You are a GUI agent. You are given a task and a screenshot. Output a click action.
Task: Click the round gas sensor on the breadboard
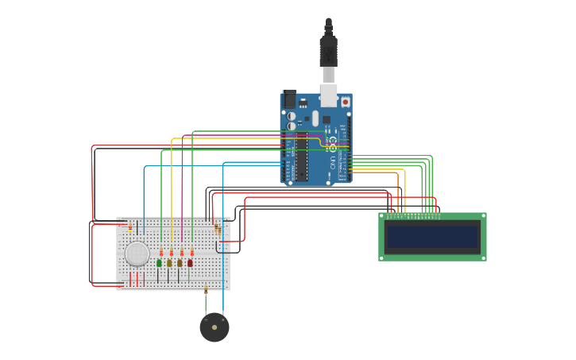click(x=137, y=254)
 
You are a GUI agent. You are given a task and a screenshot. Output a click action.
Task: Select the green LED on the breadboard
click(x=159, y=262)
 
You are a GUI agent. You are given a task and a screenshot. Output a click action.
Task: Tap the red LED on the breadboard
click(x=190, y=262)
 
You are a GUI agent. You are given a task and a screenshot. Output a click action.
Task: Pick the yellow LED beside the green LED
click(x=169, y=262)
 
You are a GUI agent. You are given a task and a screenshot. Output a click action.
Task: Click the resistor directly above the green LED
click(x=161, y=252)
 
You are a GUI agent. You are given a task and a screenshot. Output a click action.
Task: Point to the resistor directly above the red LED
click(x=191, y=252)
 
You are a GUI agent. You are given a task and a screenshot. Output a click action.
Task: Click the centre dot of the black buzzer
click(x=215, y=327)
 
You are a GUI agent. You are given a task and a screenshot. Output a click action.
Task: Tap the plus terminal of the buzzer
click(x=223, y=319)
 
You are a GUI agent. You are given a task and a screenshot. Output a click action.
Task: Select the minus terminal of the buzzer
click(x=206, y=319)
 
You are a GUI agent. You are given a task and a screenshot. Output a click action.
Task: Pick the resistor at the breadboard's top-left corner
click(x=130, y=226)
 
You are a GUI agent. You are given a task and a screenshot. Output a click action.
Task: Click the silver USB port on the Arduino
click(x=328, y=96)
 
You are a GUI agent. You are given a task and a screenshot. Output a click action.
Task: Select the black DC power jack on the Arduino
click(x=289, y=99)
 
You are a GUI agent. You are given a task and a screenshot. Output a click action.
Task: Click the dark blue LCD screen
click(x=432, y=237)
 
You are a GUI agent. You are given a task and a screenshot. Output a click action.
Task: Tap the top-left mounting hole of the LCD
click(x=382, y=216)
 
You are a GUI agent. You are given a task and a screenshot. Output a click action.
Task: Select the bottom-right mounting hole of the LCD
click(x=482, y=257)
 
